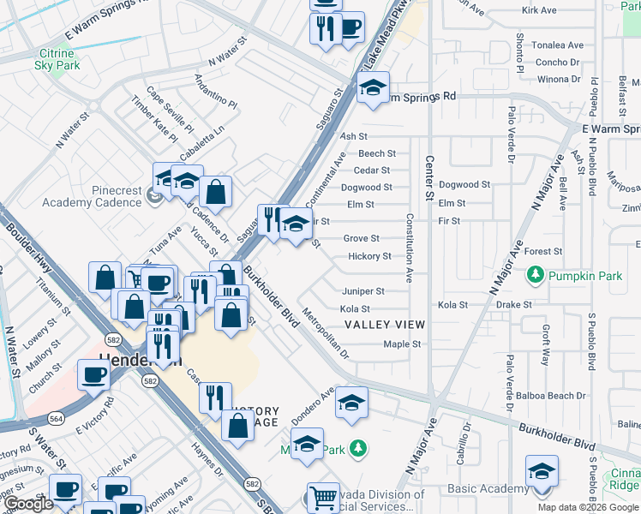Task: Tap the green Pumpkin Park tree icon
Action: point(536,275)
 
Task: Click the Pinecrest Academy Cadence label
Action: point(93,196)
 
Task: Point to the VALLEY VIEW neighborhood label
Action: point(385,325)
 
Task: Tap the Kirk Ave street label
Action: point(539,10)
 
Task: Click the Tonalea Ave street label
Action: point(558,45)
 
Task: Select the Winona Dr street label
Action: point(559,80)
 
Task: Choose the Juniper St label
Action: point(363,291)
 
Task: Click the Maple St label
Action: point(402,344)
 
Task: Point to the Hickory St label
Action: point(369,256)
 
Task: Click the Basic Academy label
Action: point(488,489)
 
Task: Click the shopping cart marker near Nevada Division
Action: point(323,496)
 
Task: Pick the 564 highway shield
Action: point(57,418)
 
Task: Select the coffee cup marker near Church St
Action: point(93,374)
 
